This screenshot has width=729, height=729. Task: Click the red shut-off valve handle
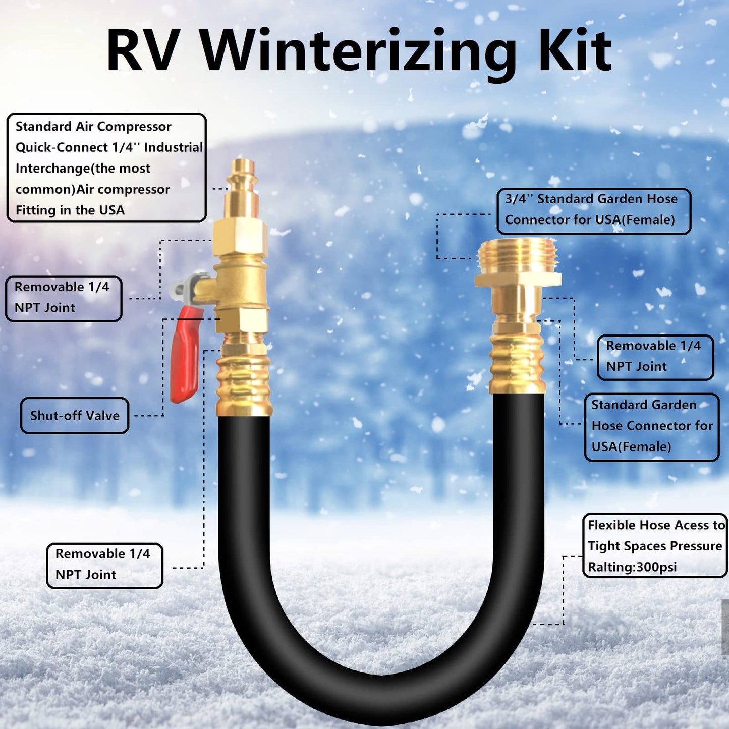point(185,354)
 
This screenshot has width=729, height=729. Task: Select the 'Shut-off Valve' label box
point(75,415)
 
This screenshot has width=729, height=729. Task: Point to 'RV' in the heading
point(142,51)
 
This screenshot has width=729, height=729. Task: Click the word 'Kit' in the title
point(576,51)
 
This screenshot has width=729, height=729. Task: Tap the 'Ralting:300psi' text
point(632,567)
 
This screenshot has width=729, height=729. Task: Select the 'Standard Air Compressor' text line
point(93,126)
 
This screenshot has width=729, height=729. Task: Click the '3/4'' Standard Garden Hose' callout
point(594,211)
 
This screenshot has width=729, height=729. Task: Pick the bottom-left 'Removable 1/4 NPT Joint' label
point(104,566)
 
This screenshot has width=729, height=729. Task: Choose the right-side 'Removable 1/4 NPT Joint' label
point(655,357)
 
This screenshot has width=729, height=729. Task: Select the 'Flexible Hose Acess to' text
point(656,525)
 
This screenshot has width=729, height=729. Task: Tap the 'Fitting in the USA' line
point(70,210)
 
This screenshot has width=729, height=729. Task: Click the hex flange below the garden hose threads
point(518,280)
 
